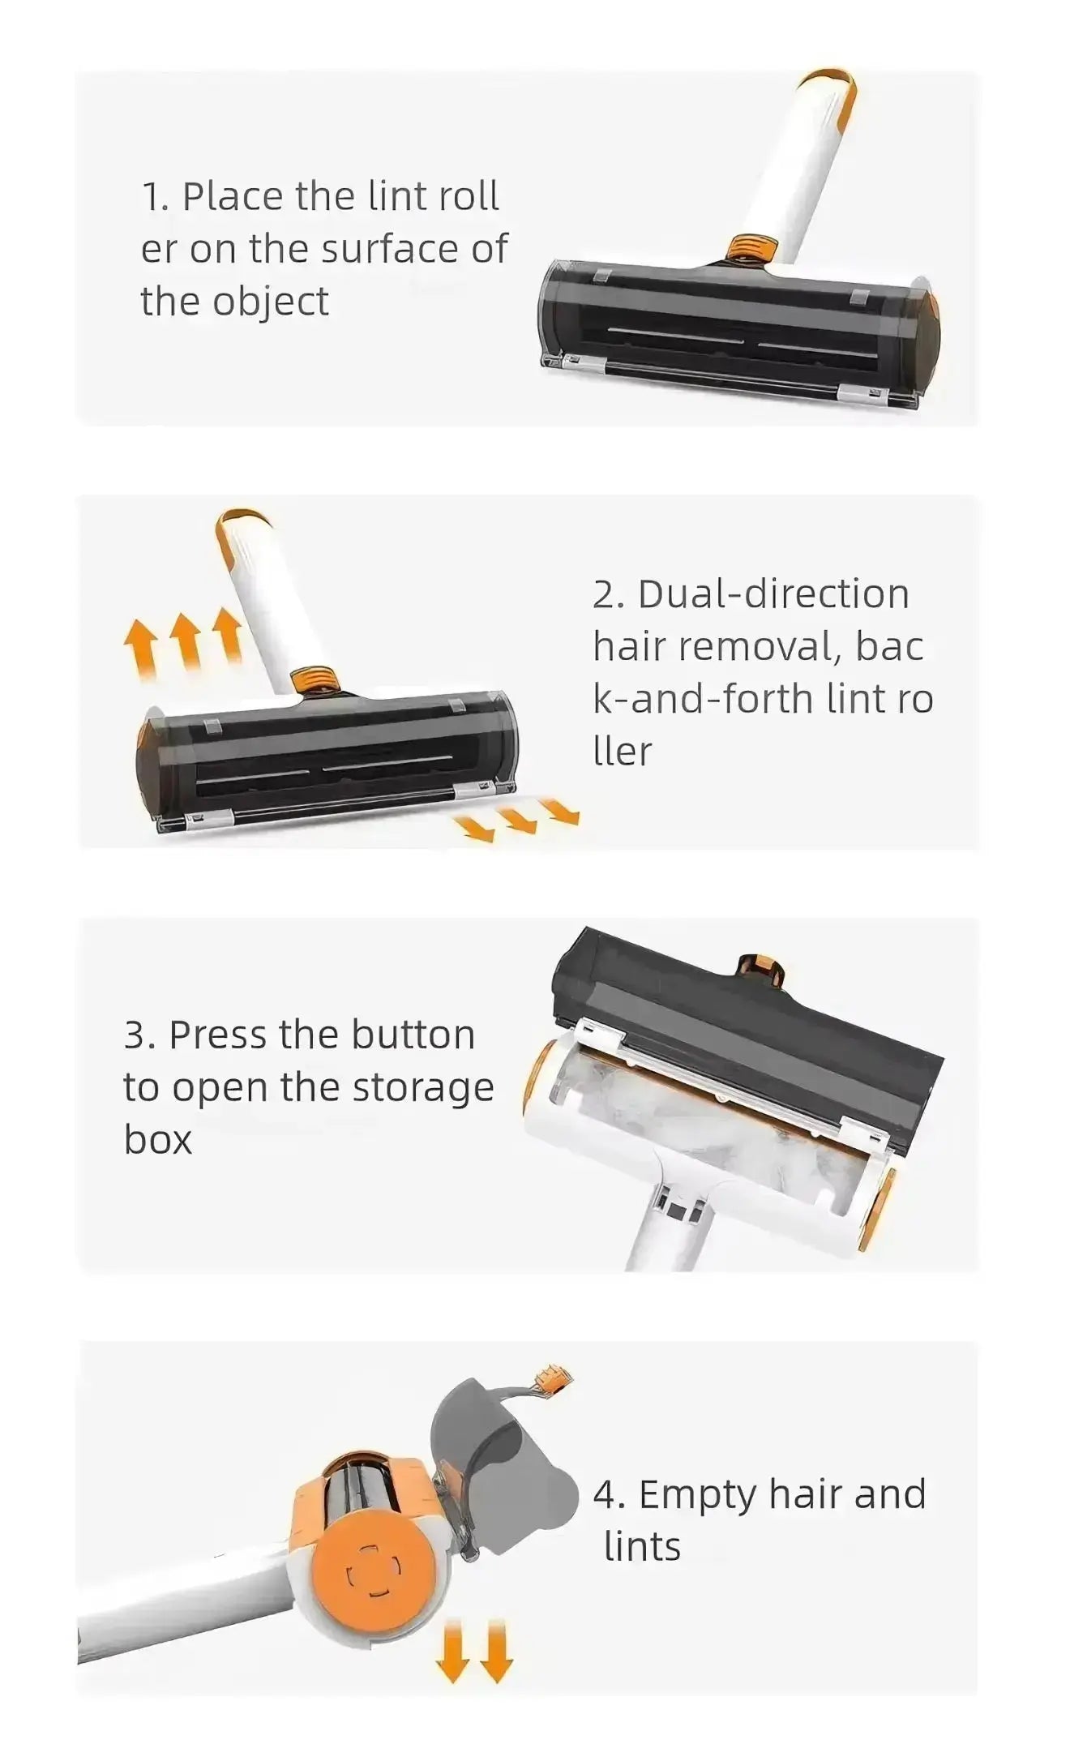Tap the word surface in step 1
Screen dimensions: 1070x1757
click(x=387, y=249)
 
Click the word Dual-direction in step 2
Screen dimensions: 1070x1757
click(x=773, y=594)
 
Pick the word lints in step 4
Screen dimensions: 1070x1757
click(x=642, y=1547)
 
